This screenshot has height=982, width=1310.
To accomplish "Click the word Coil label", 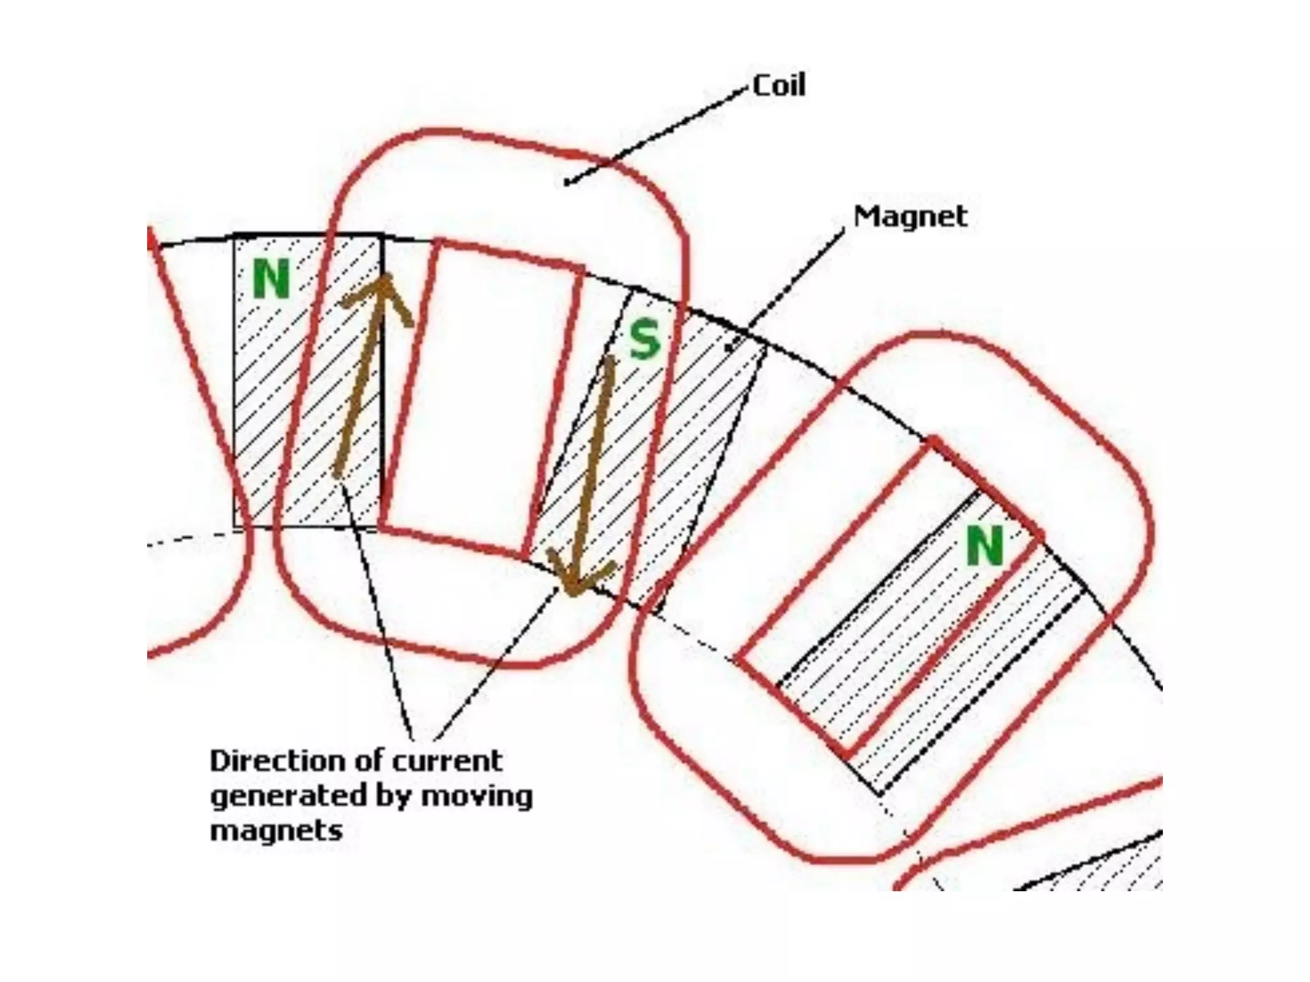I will [x=778, y=86].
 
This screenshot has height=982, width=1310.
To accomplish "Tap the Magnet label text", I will [x=910, y=217].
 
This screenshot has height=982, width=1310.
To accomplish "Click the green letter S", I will [x=644, y=339].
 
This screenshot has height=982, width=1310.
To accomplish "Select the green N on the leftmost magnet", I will [x=271, y=280].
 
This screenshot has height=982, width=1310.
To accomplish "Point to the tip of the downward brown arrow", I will [x=572, y=592].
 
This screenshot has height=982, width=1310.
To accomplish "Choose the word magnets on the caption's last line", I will [x=276, y=831].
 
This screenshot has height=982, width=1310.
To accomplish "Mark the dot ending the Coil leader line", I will [x=566, y=183].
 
